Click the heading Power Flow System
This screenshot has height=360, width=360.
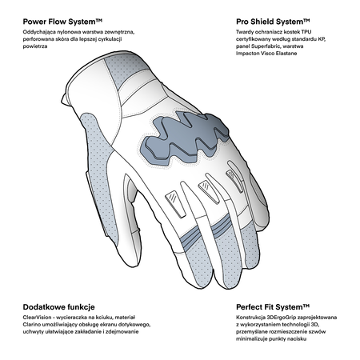pos(62,22)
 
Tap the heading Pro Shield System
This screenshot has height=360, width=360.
pos(273,22)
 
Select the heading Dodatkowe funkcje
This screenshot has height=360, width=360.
pos(58,307)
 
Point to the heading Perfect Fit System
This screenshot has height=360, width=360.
pos(273,307)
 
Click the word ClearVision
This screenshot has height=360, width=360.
pos(37,318)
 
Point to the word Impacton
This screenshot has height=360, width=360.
pos(247,54)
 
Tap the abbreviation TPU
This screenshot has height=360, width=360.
pos(306,32)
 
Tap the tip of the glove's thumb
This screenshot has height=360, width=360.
pos(130,262)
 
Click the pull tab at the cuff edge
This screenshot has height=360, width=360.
pos(65,99)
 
